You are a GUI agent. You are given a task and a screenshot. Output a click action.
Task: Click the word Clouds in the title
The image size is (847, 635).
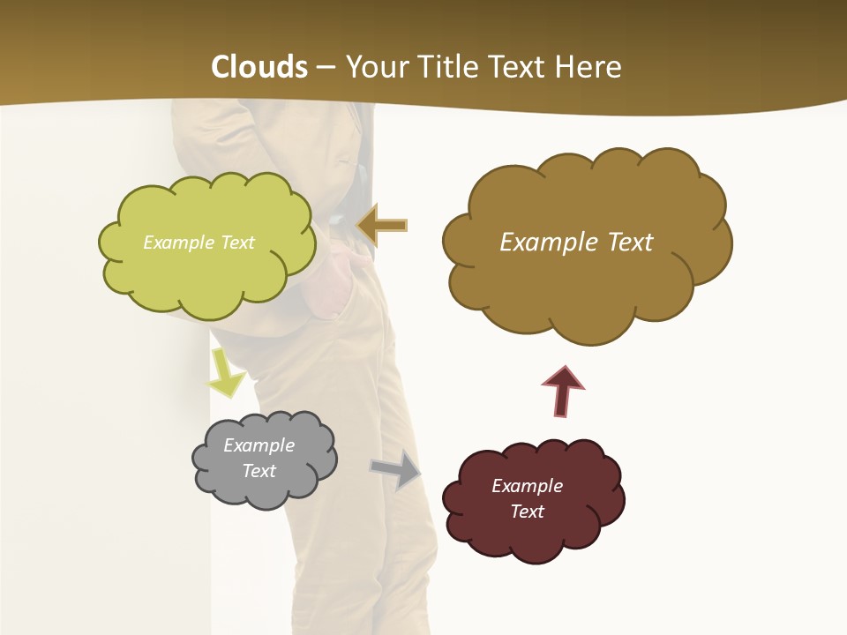pyautogui.click(x=259, y=67)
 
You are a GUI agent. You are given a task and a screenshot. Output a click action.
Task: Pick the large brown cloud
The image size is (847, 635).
pyautogui.click(x=582, y=291)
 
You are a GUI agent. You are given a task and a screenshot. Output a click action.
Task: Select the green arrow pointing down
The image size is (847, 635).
pyautogui.click(x=226, y=374)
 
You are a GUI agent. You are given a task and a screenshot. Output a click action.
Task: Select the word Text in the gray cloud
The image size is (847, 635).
pyautogui.click(x=259, y=471)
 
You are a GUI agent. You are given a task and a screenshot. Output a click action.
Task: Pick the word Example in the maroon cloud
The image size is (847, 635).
pyautogui.click(x=527, y=486)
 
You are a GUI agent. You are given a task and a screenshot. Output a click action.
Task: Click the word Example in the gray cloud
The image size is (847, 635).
pyautogui.click(x=259, y=445)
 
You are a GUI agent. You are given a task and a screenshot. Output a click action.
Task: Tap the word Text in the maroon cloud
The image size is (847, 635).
pyautogui.click(x=527, y=512)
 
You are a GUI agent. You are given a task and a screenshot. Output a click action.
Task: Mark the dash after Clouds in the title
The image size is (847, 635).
pyautogui.click(x=325, y=67)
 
